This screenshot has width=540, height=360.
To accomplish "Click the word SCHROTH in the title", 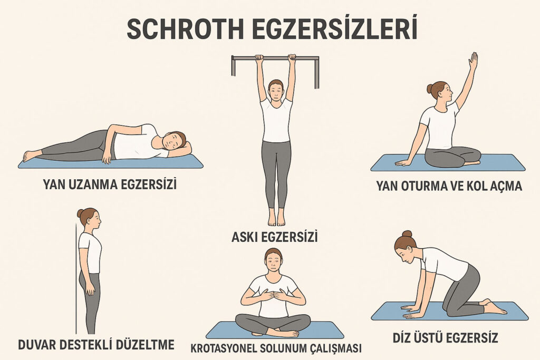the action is tap(185, 29).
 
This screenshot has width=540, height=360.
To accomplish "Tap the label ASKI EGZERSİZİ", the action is tap(274, 237).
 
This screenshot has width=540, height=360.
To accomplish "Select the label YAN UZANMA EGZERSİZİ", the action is tap(110, 184).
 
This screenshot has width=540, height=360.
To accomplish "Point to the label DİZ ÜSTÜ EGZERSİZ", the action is tap(445, 337).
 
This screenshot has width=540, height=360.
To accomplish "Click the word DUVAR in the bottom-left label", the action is tap(37, 344).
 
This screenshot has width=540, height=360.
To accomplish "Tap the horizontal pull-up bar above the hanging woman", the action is tap(275, 58).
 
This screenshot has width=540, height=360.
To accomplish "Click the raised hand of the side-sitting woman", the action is tap(474, 61).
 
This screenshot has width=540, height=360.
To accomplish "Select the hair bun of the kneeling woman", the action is tap(407, 234).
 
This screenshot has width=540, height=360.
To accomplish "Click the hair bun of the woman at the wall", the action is tap(80, 213).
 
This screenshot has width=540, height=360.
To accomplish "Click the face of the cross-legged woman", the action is tap(274, 262).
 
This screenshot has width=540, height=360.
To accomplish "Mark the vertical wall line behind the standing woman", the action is tap(76, 278).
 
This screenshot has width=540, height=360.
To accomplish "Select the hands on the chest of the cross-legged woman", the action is tap(273, 295).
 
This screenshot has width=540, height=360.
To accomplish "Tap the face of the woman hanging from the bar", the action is tap(275, 92).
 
